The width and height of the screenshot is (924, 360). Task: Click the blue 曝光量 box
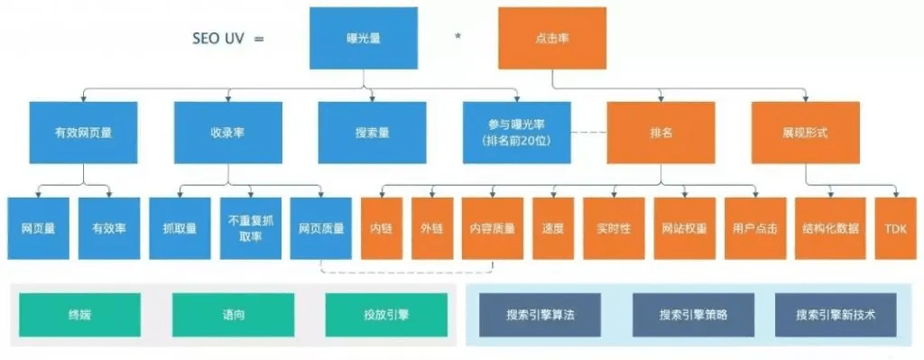pos(363,39)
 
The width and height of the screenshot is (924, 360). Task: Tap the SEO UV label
pos(227,40)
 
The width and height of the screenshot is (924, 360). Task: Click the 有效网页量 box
pos(83,132)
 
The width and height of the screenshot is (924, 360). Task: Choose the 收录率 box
pos(227,132)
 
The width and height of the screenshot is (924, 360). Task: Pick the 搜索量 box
pos(372,132)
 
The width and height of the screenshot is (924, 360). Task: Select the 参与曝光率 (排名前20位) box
pos(515,132)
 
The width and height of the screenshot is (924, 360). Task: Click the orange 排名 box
pos(661,132)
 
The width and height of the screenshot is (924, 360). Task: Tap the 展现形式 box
pos(805,132)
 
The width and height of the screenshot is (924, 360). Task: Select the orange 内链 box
pos(381,228)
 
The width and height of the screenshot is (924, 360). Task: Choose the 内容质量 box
pos(493,228)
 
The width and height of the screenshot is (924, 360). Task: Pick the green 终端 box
pos(79,315)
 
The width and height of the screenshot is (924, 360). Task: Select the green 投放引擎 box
pos(386,315)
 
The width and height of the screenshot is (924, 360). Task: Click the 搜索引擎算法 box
pos(538,315)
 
